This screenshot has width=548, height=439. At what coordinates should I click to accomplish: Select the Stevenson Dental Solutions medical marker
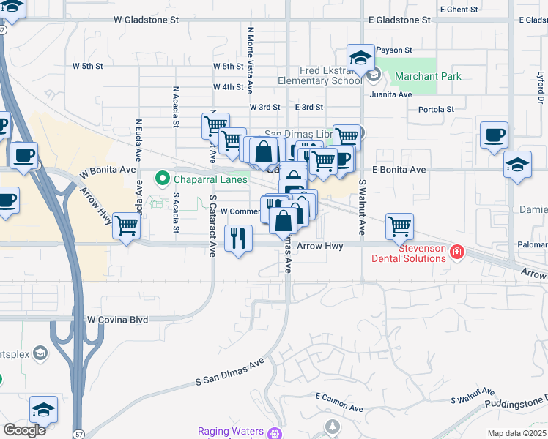click(x=457, y=252)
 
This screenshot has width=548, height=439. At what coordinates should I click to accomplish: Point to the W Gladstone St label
click(x=146, y=20)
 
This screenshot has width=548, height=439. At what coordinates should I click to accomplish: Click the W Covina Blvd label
click(x=117, y=320)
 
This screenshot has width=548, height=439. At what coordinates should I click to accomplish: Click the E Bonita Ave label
click(x=399, y=170)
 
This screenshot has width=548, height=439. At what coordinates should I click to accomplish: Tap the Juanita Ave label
click(x=390, y=94)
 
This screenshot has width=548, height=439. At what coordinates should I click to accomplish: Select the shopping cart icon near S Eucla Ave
click(x=127, y=226)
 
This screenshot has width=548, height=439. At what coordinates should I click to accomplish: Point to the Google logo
click(x=24, y=430)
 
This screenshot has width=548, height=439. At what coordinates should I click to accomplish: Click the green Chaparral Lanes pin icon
click(x=161, y=178)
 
